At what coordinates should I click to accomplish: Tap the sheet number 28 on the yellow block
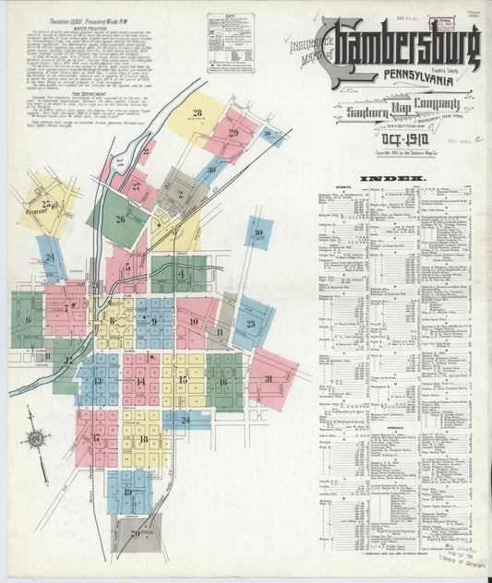(x=198, y=113)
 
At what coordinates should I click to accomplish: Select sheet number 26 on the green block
(x=120, y=220)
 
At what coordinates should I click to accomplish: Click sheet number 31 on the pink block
(x=269, y=379)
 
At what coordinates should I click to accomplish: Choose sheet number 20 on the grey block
(x=136, y=533)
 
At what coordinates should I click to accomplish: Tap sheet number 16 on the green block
(x=222, y=381)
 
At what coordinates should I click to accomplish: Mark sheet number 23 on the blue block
(x=250, y=324)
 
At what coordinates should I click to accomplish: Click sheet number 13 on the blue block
(x=97, y=380)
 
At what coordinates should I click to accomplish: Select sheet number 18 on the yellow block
(x=143, y=440)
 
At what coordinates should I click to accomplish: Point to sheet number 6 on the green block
(x=28, y=320)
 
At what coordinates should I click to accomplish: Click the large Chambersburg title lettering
(x=406, y=45)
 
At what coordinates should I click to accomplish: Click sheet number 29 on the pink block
(x=234, y=134)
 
